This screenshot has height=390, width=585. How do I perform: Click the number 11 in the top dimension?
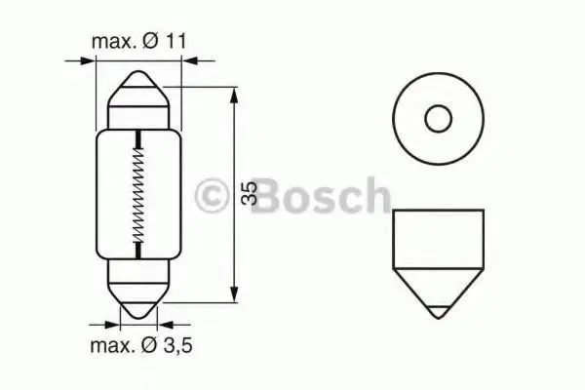(175, 41)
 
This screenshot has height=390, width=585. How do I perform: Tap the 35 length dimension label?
(250, 193)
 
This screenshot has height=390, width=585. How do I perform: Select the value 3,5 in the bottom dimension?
(177, 345)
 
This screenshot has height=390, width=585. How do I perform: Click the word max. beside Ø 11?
(114, 42)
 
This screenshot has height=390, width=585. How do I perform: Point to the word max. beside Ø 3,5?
(113, 347)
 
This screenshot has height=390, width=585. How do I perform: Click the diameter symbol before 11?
(151, 41)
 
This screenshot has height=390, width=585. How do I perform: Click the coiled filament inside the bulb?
(138, 194)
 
